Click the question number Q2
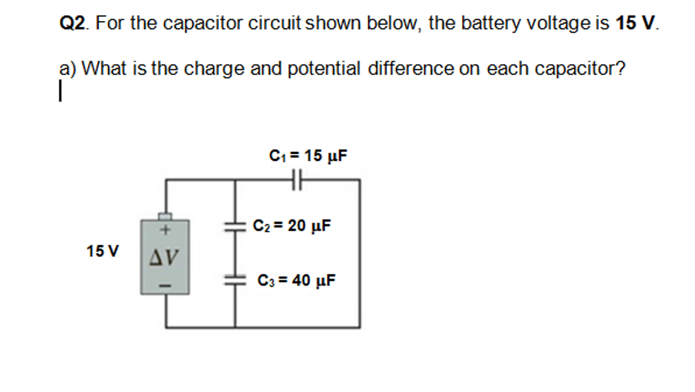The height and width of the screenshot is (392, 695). [73, 24]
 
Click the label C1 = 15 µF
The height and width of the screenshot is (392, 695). [309, 155]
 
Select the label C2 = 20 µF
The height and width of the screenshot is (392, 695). [292, 227]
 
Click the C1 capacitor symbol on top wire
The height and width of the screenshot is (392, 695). [297, 181]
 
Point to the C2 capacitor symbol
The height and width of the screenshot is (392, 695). [234, 226]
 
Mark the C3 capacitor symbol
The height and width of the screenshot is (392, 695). [234, 280]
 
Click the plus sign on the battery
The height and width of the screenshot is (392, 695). [165, 230]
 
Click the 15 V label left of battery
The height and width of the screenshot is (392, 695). [103, 251]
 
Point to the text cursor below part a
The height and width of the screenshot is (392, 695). [61, 91]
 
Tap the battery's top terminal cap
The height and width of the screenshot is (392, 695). [165, 216]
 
